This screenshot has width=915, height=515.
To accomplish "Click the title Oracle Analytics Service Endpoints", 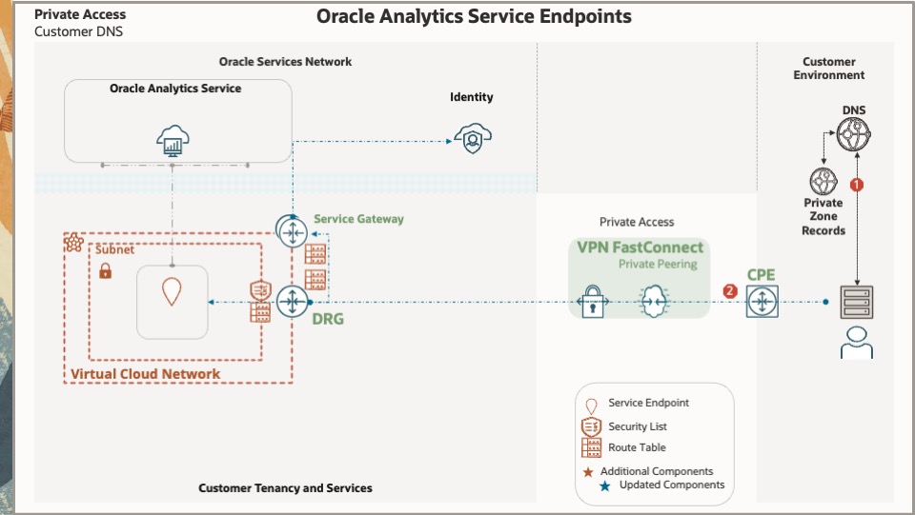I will [474, 16].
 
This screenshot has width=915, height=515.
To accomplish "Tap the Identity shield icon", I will [472, 139].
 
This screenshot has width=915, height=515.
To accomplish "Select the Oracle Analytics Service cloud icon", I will [173, 141].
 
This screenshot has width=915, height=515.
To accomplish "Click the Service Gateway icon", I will [291, 230].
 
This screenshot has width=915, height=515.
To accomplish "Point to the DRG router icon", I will [290, 302].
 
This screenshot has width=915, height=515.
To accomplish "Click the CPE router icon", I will [762, 302].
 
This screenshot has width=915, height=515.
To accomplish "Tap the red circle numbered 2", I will [730, 290].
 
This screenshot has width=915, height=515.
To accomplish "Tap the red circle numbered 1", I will [856, 185].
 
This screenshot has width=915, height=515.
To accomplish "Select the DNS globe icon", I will [854, 135].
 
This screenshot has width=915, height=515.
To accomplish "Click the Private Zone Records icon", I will [823, 181].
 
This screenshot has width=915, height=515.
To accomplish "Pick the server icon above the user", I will [856, 302].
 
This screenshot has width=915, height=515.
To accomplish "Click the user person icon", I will [856, 343].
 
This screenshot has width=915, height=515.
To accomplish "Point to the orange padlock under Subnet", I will [106, 271].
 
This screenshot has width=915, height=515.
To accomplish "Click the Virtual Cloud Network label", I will [145, 374].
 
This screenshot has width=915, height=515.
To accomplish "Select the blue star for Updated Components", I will [604, 485].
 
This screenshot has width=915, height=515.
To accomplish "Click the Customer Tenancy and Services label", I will [285, 488].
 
